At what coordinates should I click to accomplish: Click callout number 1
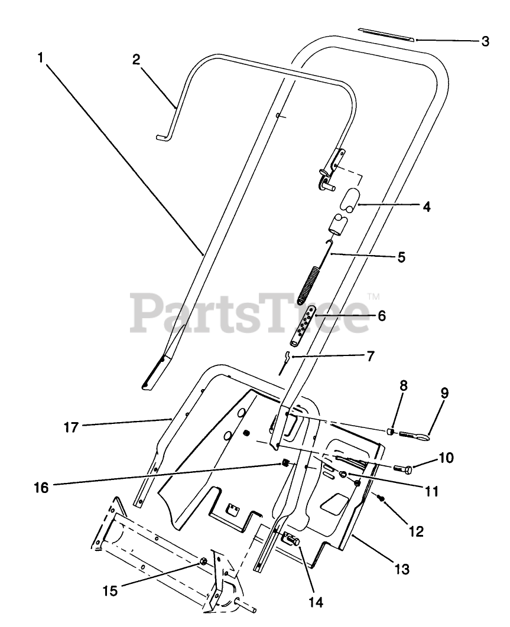click(40, 58)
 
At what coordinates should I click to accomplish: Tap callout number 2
click(136, 60)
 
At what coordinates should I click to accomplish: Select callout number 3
click(485, 41)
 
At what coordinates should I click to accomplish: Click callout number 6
click(381, 316)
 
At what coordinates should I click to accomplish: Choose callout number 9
click(445, 393)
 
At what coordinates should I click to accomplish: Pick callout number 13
click(401, 569)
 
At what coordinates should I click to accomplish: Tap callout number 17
click(72, 427)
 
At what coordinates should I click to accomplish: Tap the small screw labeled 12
click(382, 499)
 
